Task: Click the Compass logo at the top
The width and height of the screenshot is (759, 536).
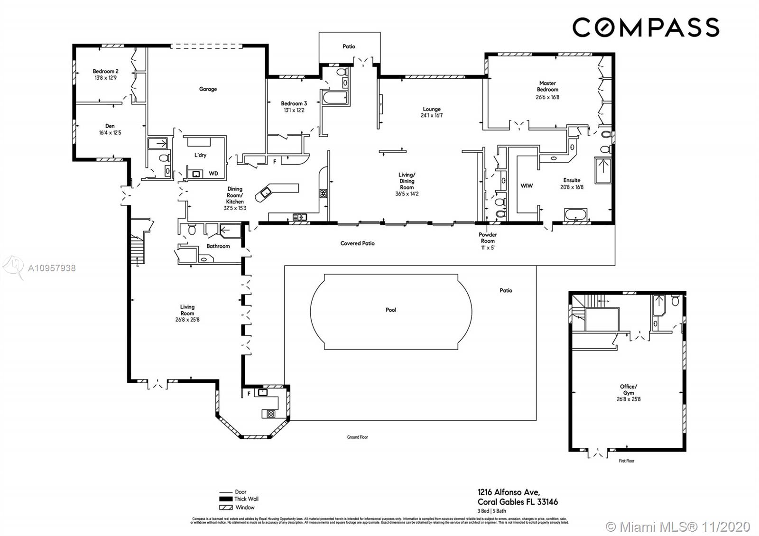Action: [646, 27]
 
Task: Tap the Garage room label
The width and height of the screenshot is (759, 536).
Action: [208, 89]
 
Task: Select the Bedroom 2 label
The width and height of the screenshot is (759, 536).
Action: [105, 71]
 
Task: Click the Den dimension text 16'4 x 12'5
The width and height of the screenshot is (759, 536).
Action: [110, 133]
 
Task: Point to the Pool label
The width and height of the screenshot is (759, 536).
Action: [391, 310]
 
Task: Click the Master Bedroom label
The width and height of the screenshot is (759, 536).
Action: [547, 86]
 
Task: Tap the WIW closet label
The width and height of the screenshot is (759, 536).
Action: [527, 185]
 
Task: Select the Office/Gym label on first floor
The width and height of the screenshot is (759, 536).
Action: [629, 389]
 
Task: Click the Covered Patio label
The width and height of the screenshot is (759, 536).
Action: [357, 243]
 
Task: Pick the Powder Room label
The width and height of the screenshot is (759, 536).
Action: [488, 238]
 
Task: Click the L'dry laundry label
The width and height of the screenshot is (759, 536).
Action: [200, 155]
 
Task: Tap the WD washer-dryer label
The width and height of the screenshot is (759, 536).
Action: [213, 174]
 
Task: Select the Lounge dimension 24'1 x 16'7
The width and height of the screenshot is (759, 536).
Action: [432, 115]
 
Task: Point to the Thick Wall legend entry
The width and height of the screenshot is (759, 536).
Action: [246, 499]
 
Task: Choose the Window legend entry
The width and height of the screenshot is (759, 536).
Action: [245, 507]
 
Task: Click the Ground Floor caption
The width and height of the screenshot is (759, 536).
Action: [357, 437]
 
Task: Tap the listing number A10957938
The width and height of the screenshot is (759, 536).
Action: [52, 268]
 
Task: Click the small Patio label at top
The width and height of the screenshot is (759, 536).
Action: [349, 46]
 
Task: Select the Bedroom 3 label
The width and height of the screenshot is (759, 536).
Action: [294, 103]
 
